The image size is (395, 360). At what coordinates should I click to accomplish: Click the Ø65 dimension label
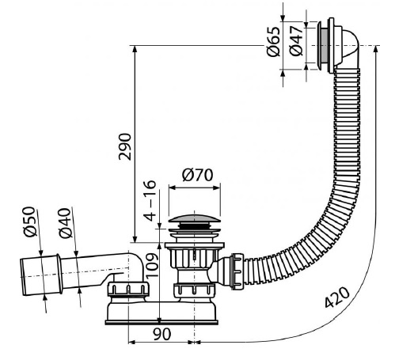(x=273, y=41)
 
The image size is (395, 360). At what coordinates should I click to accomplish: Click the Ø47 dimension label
(x=295, y=41)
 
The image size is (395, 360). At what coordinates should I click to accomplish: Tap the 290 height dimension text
(x=125, y=146)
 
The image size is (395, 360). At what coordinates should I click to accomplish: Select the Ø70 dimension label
(x=197, y=175)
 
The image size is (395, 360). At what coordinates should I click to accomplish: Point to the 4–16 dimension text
(x=150, y=201)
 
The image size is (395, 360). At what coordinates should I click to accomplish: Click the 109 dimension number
(x=152, y=265)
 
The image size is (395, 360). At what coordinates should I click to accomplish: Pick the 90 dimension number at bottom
(x=161, y=334)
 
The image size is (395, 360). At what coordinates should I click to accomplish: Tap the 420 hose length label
(x=337, y=297)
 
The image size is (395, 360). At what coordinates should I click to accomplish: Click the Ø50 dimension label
(x=29, y=222)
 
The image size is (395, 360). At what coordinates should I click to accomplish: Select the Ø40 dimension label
(x=65, y=223)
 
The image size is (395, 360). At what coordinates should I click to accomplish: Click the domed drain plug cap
(x=194, y=219)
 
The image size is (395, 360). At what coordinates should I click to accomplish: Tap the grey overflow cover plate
(x=324, y=46)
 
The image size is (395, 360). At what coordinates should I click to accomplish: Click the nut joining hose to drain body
(x=237, y=271)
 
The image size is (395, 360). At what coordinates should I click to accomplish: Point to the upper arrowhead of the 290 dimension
(x=135, y=49)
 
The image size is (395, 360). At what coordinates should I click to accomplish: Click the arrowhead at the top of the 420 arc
(x=375, y=49)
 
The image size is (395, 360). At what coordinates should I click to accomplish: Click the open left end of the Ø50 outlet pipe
(x=23, y=277)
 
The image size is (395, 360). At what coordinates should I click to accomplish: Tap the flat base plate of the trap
(x=161, y=322)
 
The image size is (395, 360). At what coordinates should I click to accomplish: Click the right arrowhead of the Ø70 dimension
(x=216, y=188)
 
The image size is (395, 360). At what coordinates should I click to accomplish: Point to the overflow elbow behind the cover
(x=349, y=49)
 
